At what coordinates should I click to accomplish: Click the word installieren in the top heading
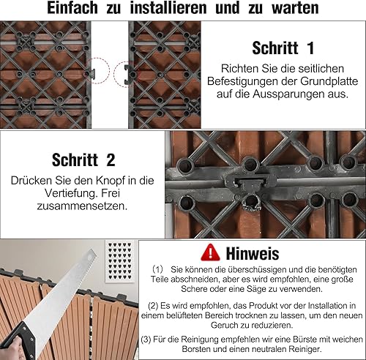[x=168, y=8]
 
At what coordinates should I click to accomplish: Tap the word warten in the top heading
[x=295, y=8]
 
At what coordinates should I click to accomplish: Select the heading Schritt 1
[x=283, y=48]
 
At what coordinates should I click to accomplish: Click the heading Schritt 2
[x=83, y=160]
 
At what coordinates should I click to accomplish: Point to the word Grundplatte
[x=329, y=81]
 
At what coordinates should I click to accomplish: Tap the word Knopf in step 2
[x=109, y=181]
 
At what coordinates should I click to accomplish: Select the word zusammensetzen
[x=82, y=206]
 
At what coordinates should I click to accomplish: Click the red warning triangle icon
[x=210, y=252]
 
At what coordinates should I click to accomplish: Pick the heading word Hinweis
[x=253, y=254]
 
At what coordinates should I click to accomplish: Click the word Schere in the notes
[x=193, y=289]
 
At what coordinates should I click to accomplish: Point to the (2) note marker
[x=153, y=306]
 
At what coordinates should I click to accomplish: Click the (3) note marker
[x=146, y=340]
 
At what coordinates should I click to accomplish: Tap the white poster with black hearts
[x=120, y=261]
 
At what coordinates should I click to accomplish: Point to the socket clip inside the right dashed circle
[x=128, y=74]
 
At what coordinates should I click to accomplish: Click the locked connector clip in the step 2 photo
[x=250, y=182]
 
